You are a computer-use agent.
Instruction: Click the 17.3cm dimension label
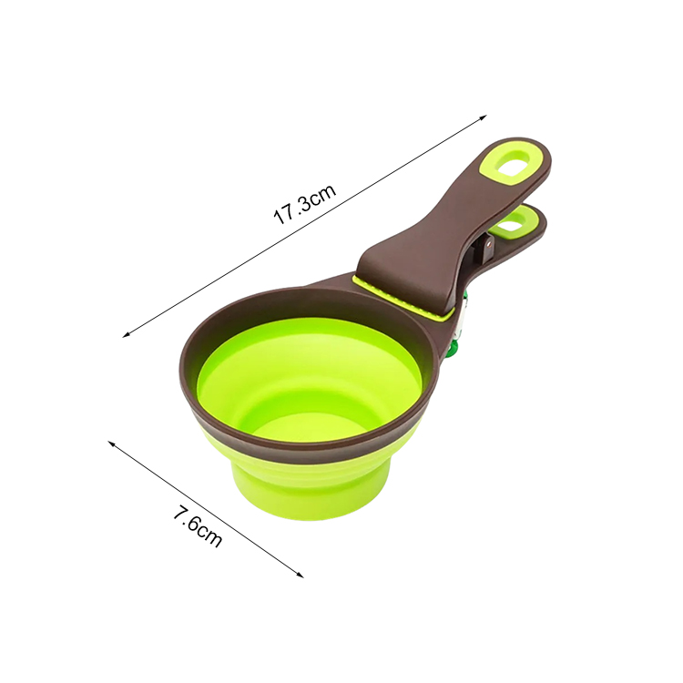click(305, 204)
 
